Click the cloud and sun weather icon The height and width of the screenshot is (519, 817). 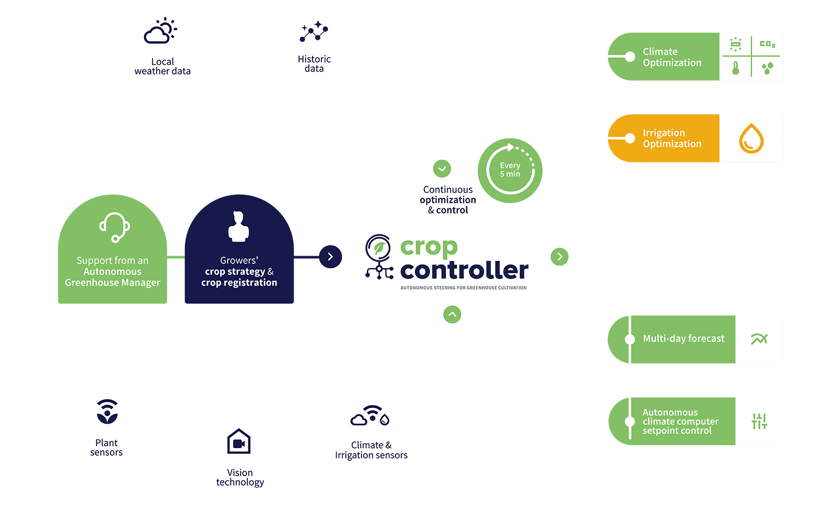(x=160, y=31)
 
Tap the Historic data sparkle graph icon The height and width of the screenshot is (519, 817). (x=314, y=32)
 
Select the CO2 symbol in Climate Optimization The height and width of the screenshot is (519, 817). (x=767, y=44)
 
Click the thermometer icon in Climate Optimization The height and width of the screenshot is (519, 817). (x=736, y=68)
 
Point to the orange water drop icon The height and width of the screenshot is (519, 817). (x=751, y=138)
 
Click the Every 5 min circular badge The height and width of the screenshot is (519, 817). (x=510, y=171)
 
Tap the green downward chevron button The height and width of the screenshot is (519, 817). (x=442, y=168)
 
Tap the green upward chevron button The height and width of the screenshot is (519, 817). (x=452, y=314)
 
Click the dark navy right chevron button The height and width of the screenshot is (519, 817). (x=330, y=257)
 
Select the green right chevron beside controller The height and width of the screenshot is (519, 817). (x=559, y=257)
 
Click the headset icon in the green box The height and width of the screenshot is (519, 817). (x=114, y=227)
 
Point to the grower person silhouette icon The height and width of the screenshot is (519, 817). (x=239, y=226)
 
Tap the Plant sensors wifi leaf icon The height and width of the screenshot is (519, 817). (x=107, y=412)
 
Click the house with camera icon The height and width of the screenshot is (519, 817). (x=239, y=441)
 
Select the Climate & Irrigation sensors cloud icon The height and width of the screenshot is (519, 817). (x=370, y=415)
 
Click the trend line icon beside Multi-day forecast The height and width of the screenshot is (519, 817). (x=759, y=339)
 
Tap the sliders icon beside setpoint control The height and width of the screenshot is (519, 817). (x=759, y=421)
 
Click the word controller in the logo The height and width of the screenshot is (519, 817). (x=464, y=270)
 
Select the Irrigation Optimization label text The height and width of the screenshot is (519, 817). (x=672, y=138)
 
